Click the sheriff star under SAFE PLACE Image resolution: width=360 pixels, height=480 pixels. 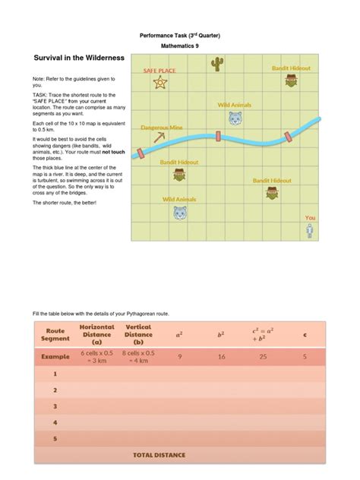(x=159, y=84)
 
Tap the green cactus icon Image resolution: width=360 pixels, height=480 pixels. (x=218, y=65)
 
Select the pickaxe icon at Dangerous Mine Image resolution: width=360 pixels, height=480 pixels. (x=159, y=137)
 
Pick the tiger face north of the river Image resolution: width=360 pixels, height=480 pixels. (x=235, y=118)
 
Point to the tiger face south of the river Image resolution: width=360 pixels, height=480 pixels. (x=179, y=213)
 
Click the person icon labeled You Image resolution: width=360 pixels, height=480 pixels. (x=310, y=230)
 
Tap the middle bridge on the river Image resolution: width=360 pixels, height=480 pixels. (x=218, y=137)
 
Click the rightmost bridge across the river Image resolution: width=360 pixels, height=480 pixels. (x=287, y=136)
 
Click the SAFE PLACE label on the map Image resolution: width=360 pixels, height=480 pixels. (x=160, y=71)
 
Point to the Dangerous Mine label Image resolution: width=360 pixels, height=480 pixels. (x=161, y=128)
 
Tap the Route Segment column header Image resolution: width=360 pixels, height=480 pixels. (x=55, y=336)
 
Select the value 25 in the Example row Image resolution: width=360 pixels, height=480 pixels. (x=260, y=355)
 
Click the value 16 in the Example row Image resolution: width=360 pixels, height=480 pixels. (x=222, y=355)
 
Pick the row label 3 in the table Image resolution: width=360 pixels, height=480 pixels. (x=55, y=406)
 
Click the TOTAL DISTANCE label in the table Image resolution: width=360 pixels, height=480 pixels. (x=159, y=455)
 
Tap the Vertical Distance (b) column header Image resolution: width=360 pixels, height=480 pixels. (x=138, y=335)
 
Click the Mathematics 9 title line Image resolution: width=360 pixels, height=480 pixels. (x=179, y=46)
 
